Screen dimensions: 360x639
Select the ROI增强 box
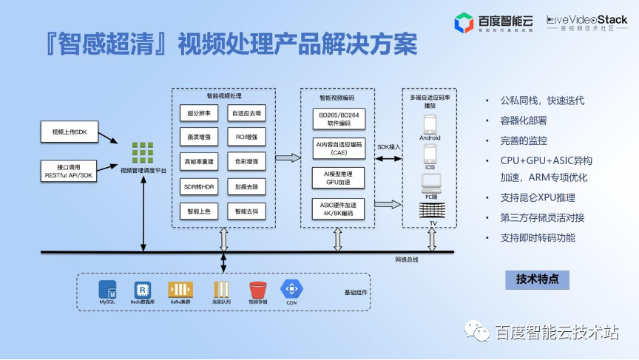(x=247, y=137)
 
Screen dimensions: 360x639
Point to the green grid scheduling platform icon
(x=143, y=152)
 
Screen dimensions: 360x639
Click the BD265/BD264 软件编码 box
(x=339, y=119)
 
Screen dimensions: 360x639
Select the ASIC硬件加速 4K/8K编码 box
(x=339, y=209)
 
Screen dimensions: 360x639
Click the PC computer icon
(x=430, y=182)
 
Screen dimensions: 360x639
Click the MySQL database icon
(x=108, y=290)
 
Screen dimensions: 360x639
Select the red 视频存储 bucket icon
(x=257, y=290)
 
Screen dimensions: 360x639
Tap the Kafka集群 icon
(x=180, y=290)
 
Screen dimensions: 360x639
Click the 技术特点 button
(x=537, y=279)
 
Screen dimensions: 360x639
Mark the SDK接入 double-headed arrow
(x=388, y=156)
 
